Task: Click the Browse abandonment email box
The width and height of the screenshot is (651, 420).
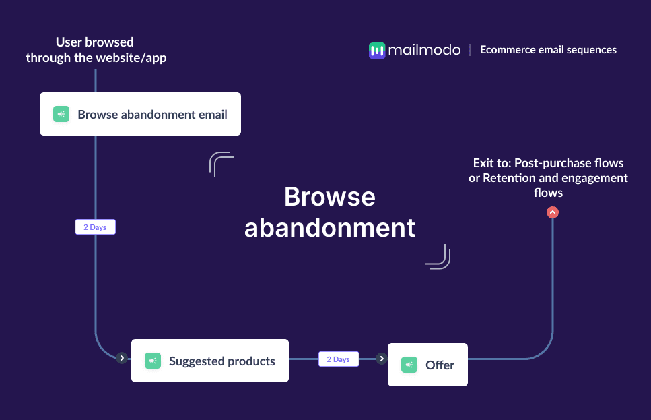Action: [140, 114]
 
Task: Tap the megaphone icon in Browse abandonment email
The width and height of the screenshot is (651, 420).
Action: [61, 114]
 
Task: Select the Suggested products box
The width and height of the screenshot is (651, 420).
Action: [209, 361]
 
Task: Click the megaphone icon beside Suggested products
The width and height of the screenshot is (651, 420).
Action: [153, 361]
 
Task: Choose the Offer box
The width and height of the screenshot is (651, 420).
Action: [427, 365]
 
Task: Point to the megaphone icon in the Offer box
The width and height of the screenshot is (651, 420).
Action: [409, 365]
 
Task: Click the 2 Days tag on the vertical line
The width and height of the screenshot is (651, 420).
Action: [95, 227]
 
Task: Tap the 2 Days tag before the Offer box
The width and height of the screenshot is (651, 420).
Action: [339, 359]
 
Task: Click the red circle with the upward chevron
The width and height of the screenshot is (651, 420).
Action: [553, 212]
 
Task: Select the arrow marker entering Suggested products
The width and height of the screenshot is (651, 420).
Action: [121, 358]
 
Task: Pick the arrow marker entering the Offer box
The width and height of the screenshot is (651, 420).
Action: [382, 359]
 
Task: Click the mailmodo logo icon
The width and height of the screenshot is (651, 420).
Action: [377, 50]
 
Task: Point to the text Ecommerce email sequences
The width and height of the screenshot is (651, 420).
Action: [548, 50]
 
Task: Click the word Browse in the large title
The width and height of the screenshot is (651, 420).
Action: [329, 197]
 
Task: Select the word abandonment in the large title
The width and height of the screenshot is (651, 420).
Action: [329, 228]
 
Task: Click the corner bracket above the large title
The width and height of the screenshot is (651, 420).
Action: [221, 164]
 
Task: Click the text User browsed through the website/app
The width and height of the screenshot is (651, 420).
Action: [96, 50]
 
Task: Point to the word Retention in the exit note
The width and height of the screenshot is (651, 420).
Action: [509, 178]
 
